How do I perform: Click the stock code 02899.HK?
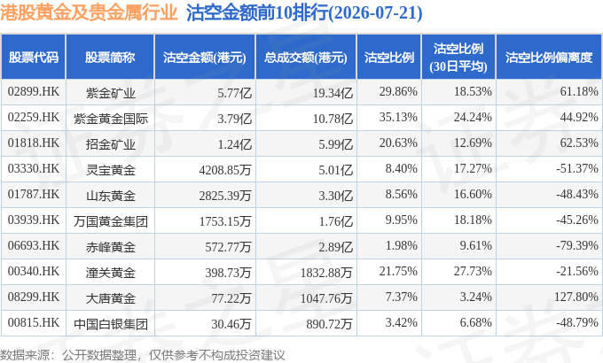(x=34, y=91)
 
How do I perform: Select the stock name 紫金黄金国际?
(x=111, y=119)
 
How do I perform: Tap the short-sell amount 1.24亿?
(x=235, y=144)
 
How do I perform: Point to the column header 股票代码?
(x=34, y=58)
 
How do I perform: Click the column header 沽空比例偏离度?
(x=549, y=58)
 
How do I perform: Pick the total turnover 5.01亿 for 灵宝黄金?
(x=336, y=170)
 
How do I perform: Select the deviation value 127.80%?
(x=576, y=297)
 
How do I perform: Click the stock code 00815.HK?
(x=34, y=322)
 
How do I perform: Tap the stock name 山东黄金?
(x=111, y=196)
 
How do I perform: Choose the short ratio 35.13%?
(x=398, y=117)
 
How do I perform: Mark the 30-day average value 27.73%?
(x=473, y=271)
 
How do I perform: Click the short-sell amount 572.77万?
(x=228, y=247)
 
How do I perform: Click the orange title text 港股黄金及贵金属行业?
(x=89, y=12)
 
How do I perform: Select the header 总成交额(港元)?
(x=306, y=58)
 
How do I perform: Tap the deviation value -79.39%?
(x=577, y=245)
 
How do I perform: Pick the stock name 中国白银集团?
(x=111, y=324)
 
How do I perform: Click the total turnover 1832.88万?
(x=326, y=273)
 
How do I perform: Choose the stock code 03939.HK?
(x=34, y=220)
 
